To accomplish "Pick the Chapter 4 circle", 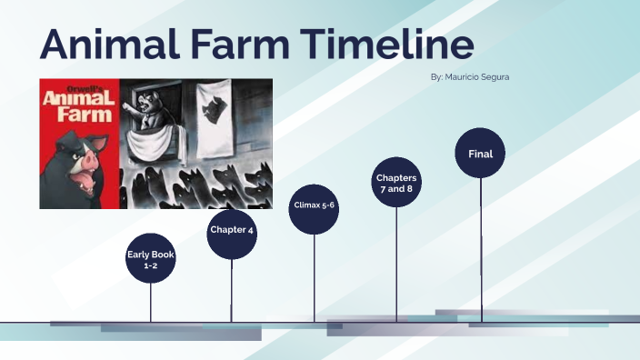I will tap(232, 230).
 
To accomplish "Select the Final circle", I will tap(480, 155).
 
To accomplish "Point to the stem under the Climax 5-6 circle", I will tap(314, 277).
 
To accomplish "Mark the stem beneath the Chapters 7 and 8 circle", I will tap(396, 264).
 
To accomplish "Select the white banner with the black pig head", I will tap(215, 109).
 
